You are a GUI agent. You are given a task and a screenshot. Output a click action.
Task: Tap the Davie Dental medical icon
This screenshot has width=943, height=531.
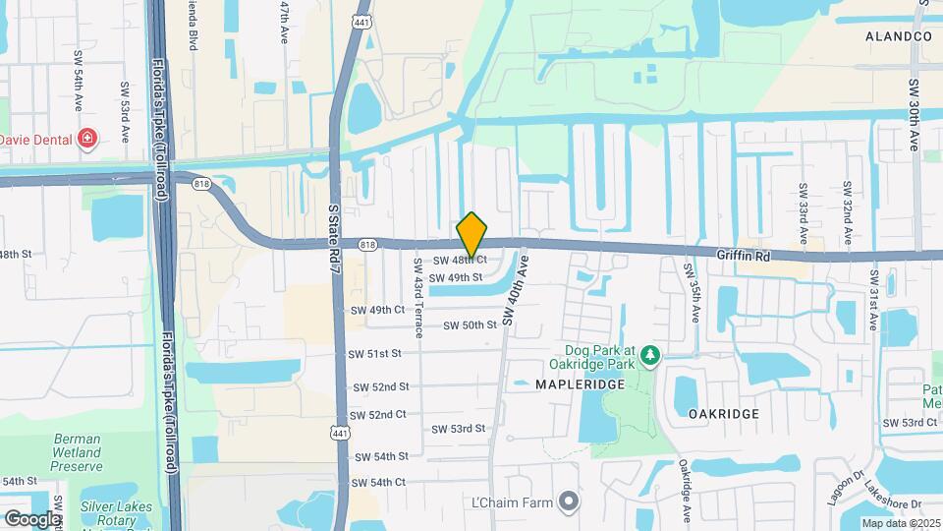point(87,140)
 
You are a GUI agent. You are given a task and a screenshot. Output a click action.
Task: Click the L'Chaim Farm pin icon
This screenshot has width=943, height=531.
point(568,502)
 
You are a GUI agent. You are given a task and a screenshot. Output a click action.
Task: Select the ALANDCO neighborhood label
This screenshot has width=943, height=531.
point(898,36)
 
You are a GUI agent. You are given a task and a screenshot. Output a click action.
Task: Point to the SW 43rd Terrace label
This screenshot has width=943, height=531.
point(417,307)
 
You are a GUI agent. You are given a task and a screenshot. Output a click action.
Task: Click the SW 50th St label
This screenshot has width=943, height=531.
point(470,325)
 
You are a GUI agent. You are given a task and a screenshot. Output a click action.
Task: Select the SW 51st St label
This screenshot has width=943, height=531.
point(375,353)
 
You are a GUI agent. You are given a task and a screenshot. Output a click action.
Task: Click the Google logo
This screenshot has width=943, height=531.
point(32,518)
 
